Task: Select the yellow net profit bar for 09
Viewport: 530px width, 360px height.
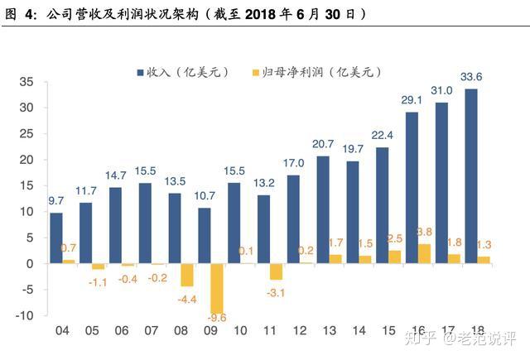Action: click(x=218, y=288)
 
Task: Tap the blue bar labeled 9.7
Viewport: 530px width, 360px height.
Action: click(x=56, y=238)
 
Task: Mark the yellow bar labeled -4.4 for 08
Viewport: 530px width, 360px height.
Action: click(x=188, y=275)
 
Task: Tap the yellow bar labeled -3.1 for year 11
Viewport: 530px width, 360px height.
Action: click(x=277, y=271)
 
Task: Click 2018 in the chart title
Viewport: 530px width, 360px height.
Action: click(x=259, y=15)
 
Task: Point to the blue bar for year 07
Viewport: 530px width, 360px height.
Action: click(x=145, y=223)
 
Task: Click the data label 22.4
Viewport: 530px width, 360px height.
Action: click(x=383, y=136)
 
